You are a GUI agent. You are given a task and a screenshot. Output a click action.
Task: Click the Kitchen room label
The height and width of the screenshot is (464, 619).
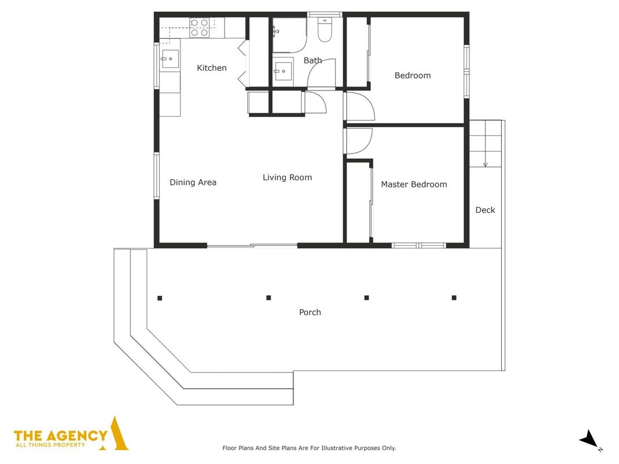(212, 68)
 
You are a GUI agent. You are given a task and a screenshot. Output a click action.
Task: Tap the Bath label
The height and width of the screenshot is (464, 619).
(313, 60)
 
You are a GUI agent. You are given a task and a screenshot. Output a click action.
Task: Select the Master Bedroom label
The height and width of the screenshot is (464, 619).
(414, 184)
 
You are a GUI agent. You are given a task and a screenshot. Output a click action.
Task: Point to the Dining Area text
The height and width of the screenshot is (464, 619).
(193, 182)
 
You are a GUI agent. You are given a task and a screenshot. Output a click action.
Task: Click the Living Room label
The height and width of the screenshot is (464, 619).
(287, 177)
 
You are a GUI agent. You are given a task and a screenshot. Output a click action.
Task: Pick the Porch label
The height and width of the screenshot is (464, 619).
(310, 312)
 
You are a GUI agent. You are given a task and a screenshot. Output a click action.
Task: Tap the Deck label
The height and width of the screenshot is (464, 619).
(485, 210)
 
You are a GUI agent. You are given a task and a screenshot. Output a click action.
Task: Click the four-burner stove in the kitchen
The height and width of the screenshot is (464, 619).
(200, 28)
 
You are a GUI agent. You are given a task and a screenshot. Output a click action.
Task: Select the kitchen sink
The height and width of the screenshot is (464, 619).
(170, 59)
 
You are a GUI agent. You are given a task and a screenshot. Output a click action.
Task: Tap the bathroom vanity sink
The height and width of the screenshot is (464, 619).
(283, 71)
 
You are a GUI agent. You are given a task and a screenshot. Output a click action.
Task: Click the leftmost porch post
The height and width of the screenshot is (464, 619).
(160, 298)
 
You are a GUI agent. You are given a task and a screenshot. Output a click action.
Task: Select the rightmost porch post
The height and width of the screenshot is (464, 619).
(454, 298)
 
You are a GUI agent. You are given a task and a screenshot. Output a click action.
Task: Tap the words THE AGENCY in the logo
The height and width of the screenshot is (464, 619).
(61, 436)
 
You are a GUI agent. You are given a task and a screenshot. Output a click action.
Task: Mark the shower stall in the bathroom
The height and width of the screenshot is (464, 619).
(289, 35)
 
